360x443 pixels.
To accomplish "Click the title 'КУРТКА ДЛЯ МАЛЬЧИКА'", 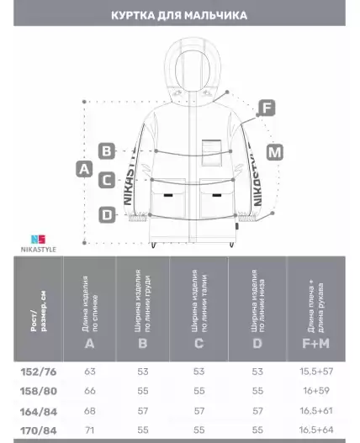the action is [179, 15].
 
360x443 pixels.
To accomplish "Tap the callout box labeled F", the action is [267, 108].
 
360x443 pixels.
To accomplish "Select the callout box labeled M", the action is [275, 152].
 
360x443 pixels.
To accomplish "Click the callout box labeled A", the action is [84, 169].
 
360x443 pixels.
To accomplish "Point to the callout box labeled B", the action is [107, 151].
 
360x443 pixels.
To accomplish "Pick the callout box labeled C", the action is [107, 180].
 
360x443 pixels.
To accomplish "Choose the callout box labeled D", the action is [107, 215].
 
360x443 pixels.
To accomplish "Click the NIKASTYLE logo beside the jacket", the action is [39, 244].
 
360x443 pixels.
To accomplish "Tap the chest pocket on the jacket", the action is [211, 152].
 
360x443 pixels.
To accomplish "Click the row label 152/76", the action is [39, 372].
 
